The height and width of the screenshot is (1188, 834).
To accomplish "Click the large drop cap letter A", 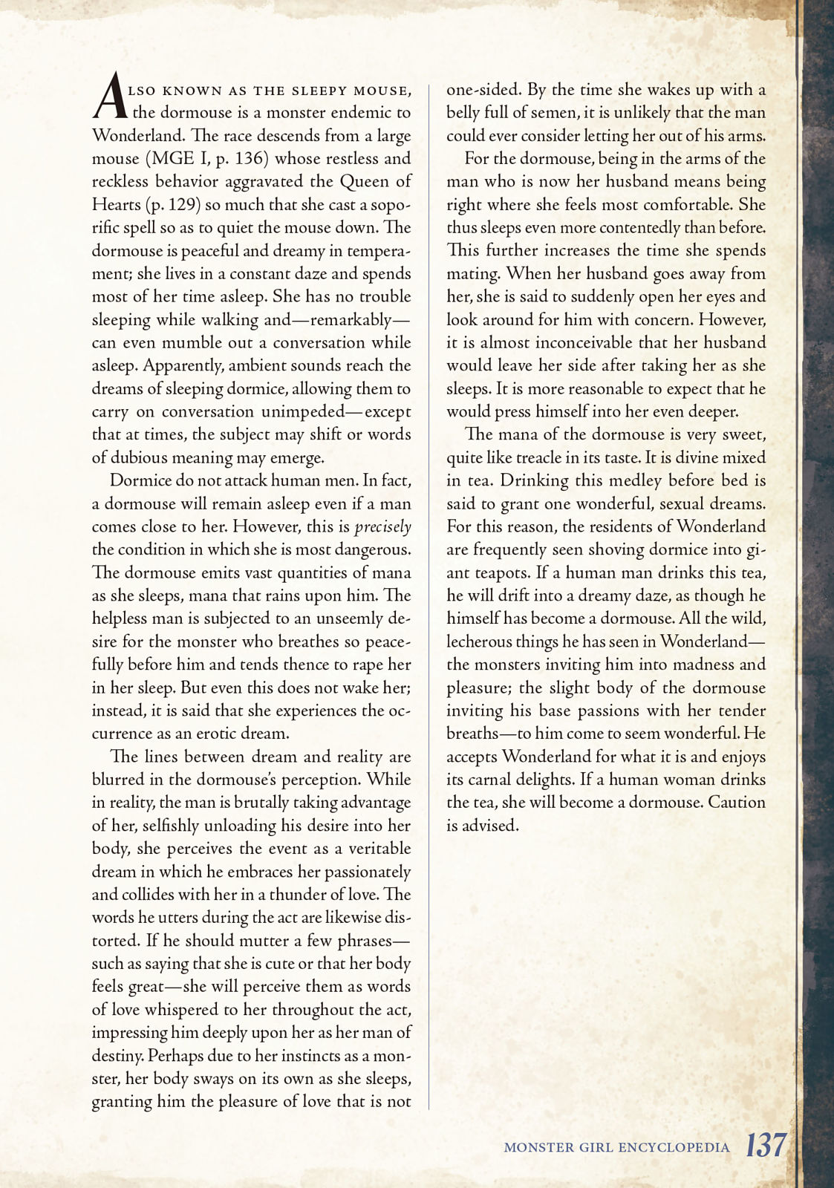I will pos(110,97).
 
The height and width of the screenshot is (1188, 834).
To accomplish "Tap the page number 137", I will pos(765,1145).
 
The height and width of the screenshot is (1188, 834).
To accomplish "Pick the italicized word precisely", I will pos(382,527).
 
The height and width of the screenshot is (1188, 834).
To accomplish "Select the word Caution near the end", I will pos(736,803).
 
